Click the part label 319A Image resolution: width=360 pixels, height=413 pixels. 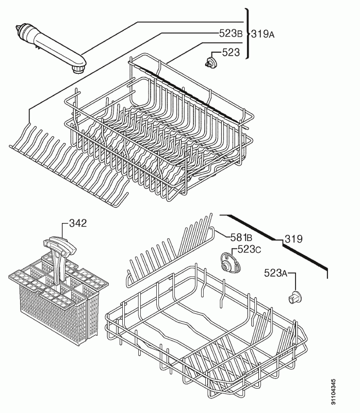click(263, 34)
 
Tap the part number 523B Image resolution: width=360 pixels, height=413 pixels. click(231, 34)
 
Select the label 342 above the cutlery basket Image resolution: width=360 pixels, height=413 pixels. click(78, 223)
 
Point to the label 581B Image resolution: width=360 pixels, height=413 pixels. click(241, 237)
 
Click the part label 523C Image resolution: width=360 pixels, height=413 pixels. click(249, 249)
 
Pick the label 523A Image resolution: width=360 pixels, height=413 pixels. click(275, 273)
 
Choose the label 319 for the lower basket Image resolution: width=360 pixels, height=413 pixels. click(293, 239)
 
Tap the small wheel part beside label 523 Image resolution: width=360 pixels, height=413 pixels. click(211, 63)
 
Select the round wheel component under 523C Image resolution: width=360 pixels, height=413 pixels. click(230, 264)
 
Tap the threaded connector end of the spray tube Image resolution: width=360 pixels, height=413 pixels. click(22, 30)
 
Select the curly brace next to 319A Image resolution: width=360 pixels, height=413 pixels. click(247, 34)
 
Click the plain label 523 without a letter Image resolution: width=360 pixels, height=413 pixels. click(231, 53)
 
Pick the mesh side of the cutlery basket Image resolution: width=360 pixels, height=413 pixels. click(50, 313)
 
